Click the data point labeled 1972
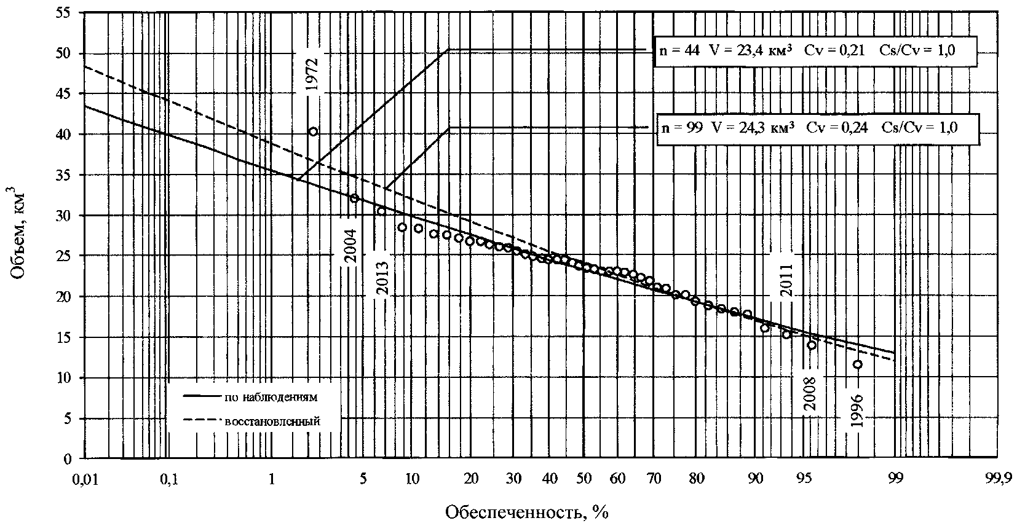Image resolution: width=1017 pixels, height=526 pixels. (313, 131)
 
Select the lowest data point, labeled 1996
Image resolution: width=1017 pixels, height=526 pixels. (857, 364)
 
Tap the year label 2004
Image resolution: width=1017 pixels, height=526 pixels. (350, 246)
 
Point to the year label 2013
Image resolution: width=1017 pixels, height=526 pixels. (382, 278)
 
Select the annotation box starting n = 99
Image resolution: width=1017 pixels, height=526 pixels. (817, 128)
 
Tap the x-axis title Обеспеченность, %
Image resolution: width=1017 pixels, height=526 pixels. (526, 511)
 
